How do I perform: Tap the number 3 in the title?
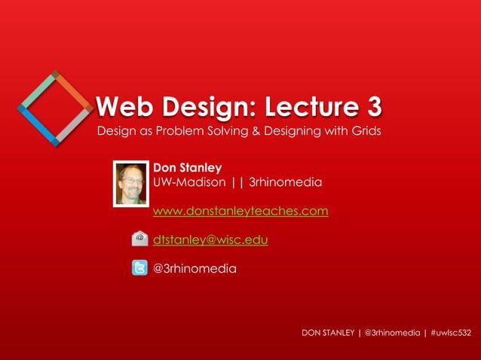click(371, 107)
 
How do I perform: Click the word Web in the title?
click(121, 107)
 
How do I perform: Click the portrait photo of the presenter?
click(132, 184)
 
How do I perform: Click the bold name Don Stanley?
click(187, 167)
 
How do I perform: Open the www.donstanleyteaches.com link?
click(240, 211)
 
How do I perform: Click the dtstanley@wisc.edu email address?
click(210, 239)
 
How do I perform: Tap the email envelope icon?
click(139, 239)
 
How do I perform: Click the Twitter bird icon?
click(139, 267)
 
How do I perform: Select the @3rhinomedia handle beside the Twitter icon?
click(195, 267)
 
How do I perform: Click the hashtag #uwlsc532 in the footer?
click(451, 332)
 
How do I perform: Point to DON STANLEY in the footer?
click(327, 332)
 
